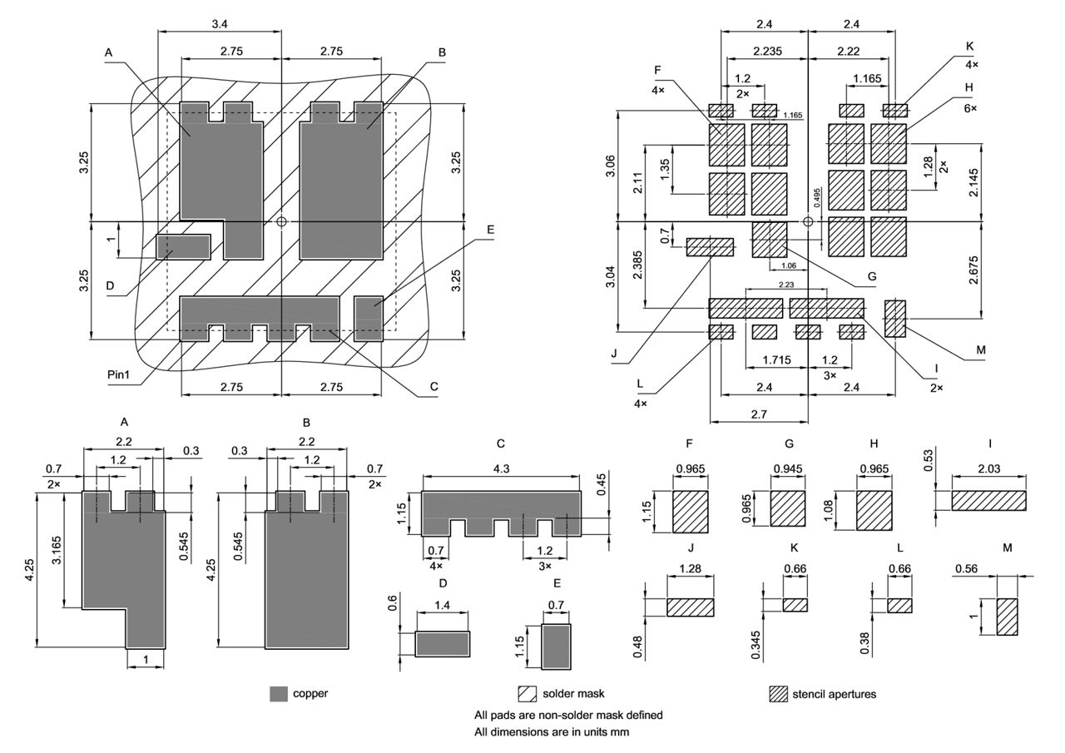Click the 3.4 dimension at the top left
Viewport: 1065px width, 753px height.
(220, 25)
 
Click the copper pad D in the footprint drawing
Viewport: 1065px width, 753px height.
(184, 246)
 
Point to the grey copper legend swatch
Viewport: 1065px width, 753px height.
(279, 694)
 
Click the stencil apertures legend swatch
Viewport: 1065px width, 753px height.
(778, 694)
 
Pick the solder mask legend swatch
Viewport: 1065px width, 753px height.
(528, 694)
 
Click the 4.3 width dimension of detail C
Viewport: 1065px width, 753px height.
(501, 469)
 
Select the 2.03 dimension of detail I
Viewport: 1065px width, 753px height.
(989, 469)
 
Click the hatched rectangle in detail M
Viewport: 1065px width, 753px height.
(1007, 617)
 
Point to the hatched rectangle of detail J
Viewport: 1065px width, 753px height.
(690, 607)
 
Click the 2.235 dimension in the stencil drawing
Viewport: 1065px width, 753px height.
(766, 52)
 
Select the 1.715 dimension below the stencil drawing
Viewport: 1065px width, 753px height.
(776, 361)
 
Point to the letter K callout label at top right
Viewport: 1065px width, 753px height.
(970, 46)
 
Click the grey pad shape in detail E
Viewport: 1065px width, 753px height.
(557, 646)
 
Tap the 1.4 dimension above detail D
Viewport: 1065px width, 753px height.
(443, 607)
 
